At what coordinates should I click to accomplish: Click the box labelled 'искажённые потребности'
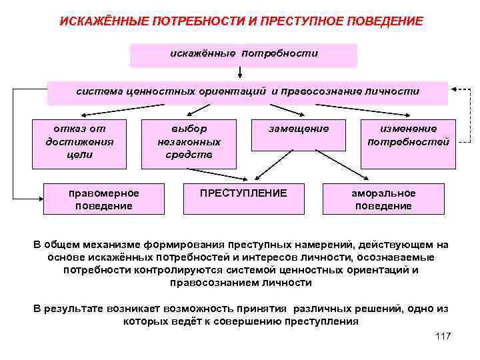pos(243,55)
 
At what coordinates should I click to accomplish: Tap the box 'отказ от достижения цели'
pos(79,142)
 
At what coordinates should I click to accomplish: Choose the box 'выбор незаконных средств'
pos(189,142)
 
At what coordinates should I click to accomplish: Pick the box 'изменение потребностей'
pos(408,142)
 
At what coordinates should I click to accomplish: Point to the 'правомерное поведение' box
pos(104,199)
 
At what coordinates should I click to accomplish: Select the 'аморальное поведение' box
pos(383,199)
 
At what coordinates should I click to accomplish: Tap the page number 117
pos(442,336)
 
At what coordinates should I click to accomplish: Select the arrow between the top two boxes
pos(238,74)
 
